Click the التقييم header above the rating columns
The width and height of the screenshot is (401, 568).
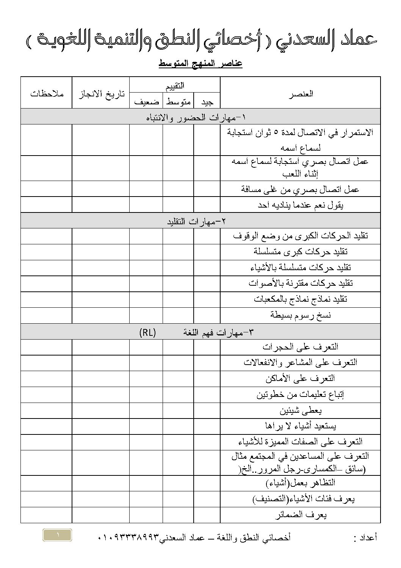click(175, 86)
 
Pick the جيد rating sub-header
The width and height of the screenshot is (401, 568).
click(207, 102)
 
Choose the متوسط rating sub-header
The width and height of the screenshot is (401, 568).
click(179, 102)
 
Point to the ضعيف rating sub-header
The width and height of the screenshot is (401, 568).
click(146, 102)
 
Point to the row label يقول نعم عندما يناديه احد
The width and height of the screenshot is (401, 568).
click(300, 205)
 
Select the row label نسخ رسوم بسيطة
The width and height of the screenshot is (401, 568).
click(301, 315)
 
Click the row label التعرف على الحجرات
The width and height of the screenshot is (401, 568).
click(300, 347)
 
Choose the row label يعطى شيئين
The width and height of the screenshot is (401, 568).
click(301, 411)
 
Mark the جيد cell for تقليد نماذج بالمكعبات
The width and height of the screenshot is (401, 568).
click(207, 299)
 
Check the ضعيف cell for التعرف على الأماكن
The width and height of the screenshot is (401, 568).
click(146, 379)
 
